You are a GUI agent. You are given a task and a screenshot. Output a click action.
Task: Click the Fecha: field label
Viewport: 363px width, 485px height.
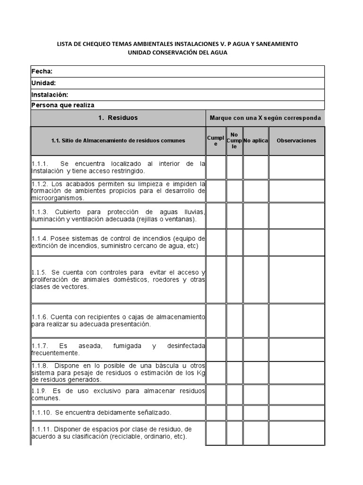(42, 72)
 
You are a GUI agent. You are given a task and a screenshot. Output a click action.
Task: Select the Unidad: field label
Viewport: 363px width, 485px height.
(43, 83)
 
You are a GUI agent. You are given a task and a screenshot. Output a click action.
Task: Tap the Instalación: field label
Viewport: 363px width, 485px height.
(50, 95)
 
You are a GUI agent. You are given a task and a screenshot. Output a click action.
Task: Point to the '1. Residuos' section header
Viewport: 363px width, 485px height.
(118, 118)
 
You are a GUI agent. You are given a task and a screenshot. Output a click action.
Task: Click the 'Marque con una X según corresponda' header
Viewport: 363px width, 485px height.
(265, 118)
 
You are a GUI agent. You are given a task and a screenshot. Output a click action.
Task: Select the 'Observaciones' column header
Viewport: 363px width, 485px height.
(296, 141)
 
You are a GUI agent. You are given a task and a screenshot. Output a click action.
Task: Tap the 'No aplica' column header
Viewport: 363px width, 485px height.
(256, 141)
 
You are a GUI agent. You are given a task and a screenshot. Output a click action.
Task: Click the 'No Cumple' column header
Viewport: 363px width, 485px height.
(234, 141)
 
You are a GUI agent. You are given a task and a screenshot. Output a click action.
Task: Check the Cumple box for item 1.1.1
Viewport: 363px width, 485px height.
(216, 167)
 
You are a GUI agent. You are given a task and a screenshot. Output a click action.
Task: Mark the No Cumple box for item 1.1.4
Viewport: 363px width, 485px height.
(234, 242)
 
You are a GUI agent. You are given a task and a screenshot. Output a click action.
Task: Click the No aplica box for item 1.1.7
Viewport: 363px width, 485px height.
(256, 349)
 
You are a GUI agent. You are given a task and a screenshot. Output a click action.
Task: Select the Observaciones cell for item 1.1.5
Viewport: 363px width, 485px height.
(296, 279)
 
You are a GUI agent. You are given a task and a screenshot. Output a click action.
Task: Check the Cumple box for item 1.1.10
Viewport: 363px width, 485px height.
(216, 412)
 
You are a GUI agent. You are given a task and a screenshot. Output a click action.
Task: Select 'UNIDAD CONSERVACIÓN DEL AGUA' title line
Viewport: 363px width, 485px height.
(177, 53)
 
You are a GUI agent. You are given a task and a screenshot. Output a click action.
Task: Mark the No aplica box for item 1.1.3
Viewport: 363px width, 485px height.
(256, 216)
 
